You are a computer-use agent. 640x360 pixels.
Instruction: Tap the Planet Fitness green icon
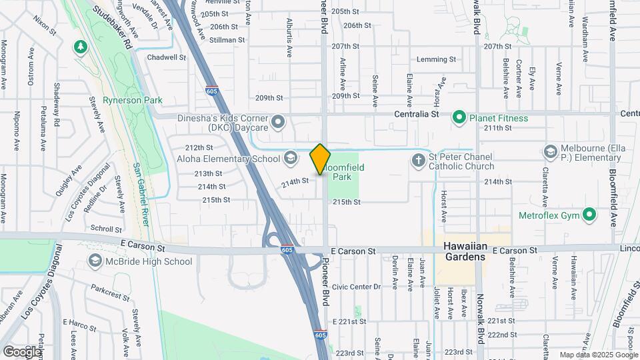[459, 118]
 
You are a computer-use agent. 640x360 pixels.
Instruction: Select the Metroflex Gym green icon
[589, 215]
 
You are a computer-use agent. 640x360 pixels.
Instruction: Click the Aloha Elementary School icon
[290, 158]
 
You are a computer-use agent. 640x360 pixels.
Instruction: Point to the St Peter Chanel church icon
[418, 160]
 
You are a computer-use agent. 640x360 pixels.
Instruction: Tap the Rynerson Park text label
[133, 101]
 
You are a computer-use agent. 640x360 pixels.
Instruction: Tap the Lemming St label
[436, 59]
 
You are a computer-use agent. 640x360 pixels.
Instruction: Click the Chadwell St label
[167, 57]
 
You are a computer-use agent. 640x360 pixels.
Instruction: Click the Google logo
[22, 351]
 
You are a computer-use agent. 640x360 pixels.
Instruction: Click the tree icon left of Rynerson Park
[80, 47]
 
